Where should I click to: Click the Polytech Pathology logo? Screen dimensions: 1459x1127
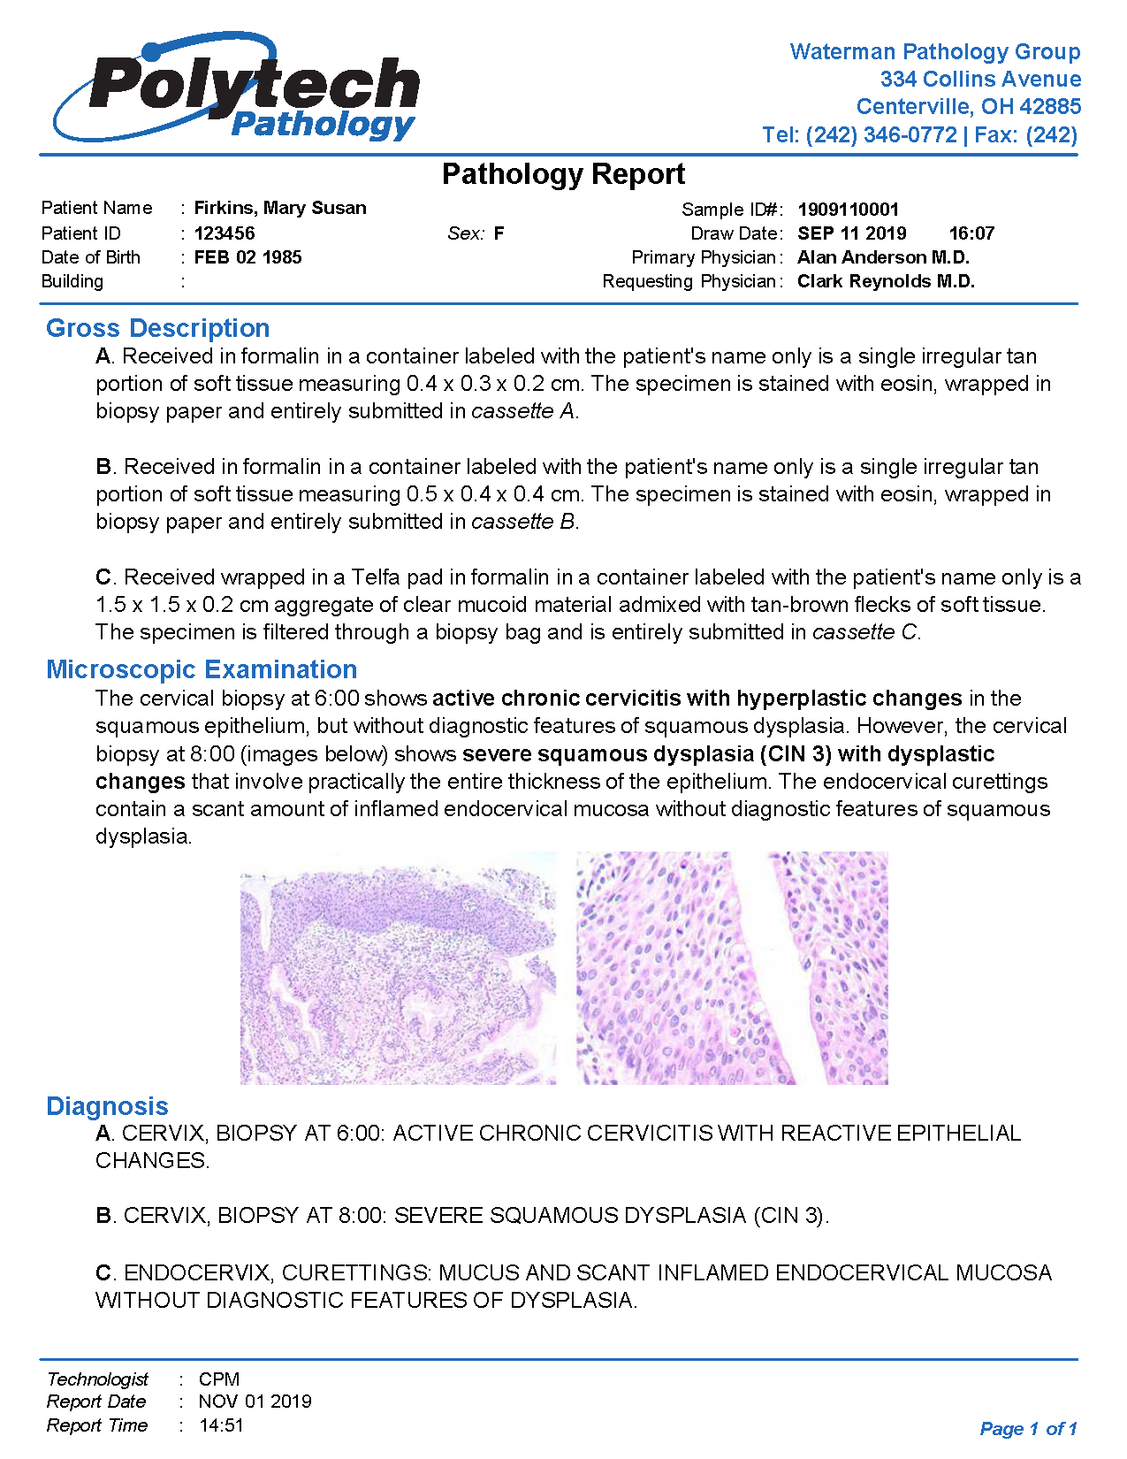[x=237, y=88]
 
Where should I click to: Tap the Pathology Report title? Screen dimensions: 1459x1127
[x=563, y=174]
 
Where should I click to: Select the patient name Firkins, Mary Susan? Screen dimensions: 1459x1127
[x=280, y=208]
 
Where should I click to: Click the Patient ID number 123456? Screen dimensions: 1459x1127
[x=225, y=233]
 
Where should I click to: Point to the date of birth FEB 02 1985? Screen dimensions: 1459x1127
[x=248, y=257]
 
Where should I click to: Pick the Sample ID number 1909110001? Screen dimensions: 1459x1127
[x=848, y=210]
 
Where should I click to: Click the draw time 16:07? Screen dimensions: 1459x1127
[x=971, y=233]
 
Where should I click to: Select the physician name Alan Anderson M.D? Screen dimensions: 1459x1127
[x=883, y=257]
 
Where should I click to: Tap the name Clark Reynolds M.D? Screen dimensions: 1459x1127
[x=886, y=281]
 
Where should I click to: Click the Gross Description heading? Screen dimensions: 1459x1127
[x=158, y=328]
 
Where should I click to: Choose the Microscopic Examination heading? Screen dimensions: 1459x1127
[x=202, y=669]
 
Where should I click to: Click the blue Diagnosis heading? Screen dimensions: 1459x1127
[x=107, y=1106]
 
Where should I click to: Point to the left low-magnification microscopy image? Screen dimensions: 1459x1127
[x=398, y=968]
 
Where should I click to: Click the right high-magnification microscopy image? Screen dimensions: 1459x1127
[x=732, y=968]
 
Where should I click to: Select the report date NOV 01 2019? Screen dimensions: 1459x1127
[x=255, y=1402]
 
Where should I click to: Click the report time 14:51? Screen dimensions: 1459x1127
[x=221, y=1425]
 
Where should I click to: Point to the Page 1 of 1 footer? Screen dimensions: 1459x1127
[x=1028, y=1429]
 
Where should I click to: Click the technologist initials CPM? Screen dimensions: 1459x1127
[x=219, y=1379]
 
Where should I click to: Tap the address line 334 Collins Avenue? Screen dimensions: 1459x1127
[x=980, y=80]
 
